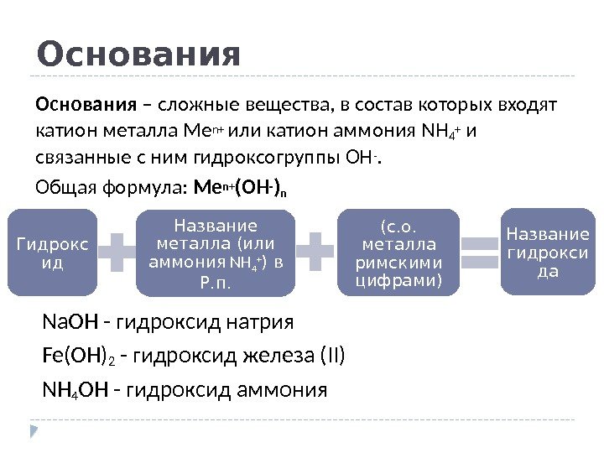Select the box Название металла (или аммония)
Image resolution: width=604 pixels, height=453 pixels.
click(216, 253)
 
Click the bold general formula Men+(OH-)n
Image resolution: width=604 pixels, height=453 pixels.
click(240, 187)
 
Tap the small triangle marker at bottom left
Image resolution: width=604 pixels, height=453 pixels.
click(34, 430)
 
